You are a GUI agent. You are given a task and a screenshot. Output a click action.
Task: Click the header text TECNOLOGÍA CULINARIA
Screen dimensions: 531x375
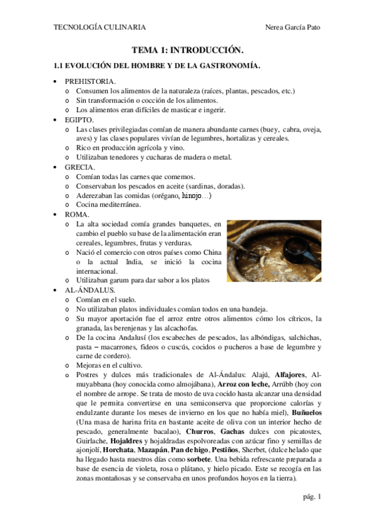point(100,28)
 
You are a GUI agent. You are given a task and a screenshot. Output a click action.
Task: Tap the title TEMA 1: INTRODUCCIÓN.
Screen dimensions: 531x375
point(187,49)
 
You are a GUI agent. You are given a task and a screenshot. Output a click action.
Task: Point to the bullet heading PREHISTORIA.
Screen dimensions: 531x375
point(90,81)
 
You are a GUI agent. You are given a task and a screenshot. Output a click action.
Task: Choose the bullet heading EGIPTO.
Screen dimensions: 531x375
point(79,119)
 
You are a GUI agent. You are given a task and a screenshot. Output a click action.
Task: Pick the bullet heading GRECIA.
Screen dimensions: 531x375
point(80,167)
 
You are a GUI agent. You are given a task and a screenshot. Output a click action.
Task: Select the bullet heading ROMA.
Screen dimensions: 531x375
point(77,214)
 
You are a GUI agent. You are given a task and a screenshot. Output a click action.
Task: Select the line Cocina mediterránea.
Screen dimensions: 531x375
point(108,205)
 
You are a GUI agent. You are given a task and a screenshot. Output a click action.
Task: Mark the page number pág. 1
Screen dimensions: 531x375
point(311,497)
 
